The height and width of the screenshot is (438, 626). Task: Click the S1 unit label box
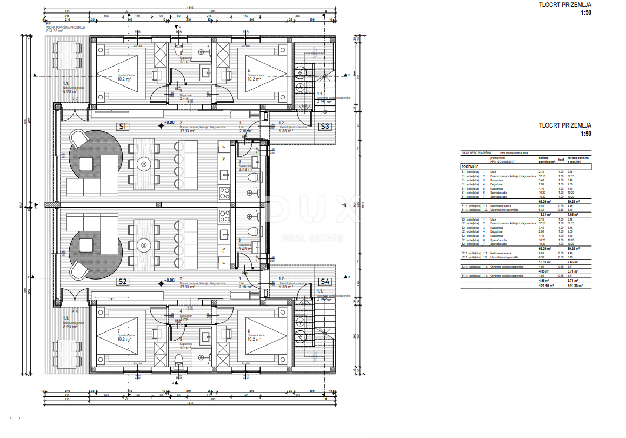coord(122,127)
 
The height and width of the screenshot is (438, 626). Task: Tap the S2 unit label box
coord(122,281)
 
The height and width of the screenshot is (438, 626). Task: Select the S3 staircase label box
coord(324,127)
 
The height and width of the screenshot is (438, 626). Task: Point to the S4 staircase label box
coord(324,281)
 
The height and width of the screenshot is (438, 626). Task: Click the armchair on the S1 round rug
coord(79,140)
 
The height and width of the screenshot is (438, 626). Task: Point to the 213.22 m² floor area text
coord(54,31)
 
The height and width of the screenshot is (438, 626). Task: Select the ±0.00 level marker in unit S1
coord(169,123)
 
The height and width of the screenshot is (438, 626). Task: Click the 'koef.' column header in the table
coord(561,160)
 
